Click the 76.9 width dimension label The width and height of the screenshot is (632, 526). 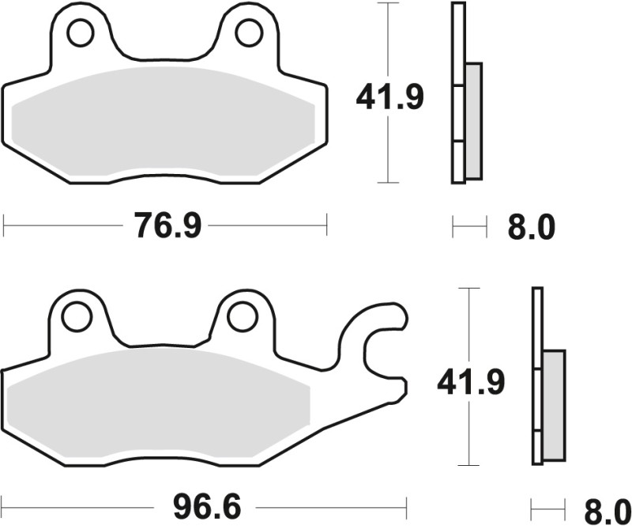(x=167, y=227)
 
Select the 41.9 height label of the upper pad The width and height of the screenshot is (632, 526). (x=389, y=97)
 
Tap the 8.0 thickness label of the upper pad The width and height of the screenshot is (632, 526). (x=530, y=229)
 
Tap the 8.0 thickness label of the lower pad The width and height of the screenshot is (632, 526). (x=605, y=506)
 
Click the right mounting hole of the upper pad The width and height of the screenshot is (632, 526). (x=249, y=32)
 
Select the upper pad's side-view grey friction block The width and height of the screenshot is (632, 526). (x=472, y=120)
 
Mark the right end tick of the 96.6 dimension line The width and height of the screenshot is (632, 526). (x=405, y=504)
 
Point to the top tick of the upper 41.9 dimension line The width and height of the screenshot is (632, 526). (x=387, y=4)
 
